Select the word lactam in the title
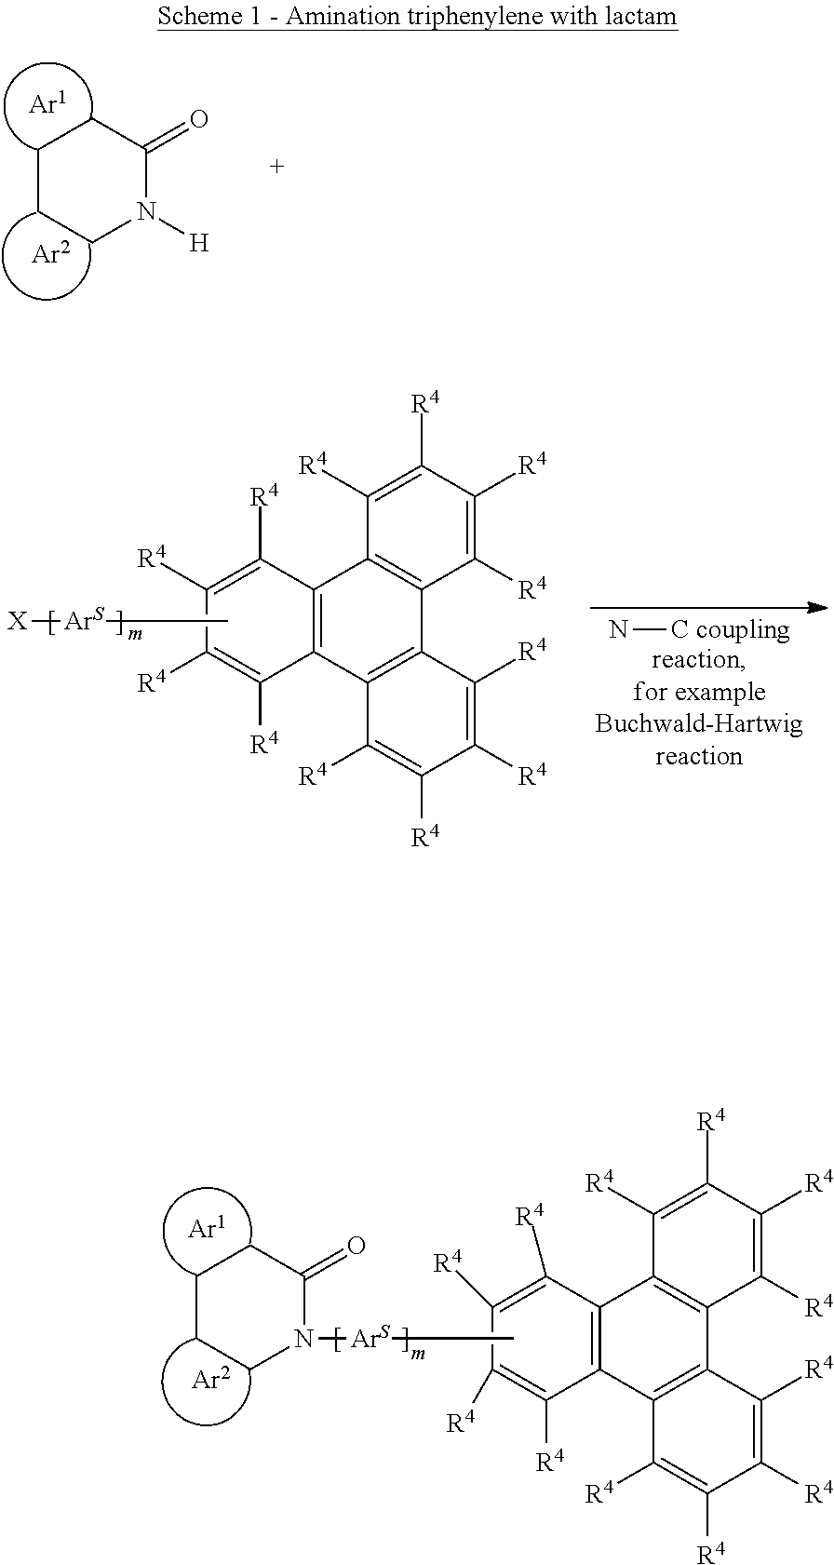(x=643, y=15)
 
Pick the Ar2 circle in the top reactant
(x=5, y=255)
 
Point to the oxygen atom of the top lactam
(x=199, y=119)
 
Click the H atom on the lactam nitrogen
(x=199, y=243)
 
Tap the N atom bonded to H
(x=146, y=211)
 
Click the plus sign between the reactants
(x=277, y=167)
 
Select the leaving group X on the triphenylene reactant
(x=17, y=620)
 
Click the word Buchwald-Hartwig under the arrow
(x=699, y=723)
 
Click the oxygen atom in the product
(x=356, y=1246)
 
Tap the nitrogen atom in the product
(x=303, y=1339)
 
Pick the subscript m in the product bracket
(x=419, y=1354)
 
